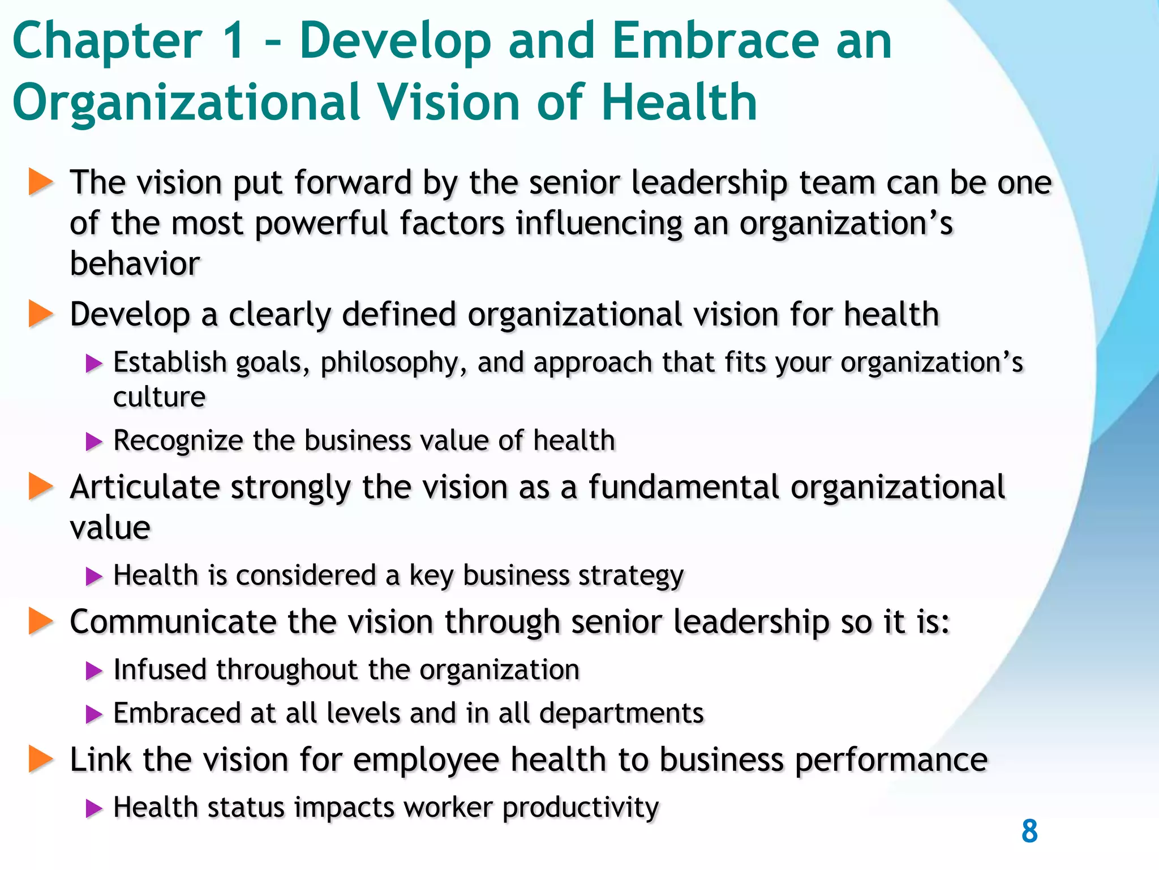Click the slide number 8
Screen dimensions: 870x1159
pyautogui.click(x=1029, y=831)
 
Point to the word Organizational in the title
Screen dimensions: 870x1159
pyautogui.click(x=186, y=103)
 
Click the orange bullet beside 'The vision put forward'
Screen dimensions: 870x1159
pyautogui.click(x=40, y=182)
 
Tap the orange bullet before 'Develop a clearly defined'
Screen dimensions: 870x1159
pyautogui.click(x=40, y=314)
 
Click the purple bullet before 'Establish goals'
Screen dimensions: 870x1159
pyautogui.click(x=94, y=363)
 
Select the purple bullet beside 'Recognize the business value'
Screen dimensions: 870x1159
pyautogui.click(x=94, y=441)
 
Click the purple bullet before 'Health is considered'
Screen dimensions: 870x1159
pyautogui.click(x=94, y=577)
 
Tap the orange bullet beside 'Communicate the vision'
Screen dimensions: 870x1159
pyautogui.click(x=40, y=621)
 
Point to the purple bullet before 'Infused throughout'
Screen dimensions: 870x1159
pyautogui.click(x=94, y=671)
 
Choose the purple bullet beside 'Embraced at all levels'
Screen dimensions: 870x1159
pyautogui.click(x=94, y=714)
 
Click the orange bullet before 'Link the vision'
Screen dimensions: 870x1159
pyautogui.click(x=40, y=759)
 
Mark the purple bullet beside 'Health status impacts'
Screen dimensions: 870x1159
pyautogui.click(x=94, y=808)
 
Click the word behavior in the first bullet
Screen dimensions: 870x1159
pyautogui.click(x=135, y=263)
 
